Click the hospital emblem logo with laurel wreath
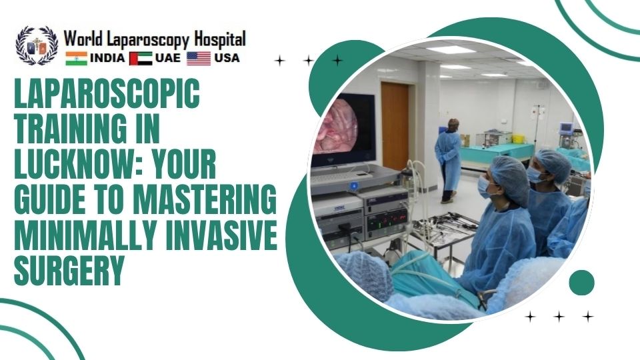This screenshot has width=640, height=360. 37,45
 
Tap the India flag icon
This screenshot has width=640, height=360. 76,59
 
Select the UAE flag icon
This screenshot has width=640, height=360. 140,59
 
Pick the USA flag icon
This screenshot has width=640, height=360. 198,59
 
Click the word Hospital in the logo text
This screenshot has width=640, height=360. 216,39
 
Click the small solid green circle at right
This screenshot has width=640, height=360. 581,282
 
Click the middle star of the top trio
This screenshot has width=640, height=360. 309,61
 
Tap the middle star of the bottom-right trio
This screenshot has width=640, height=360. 559,316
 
